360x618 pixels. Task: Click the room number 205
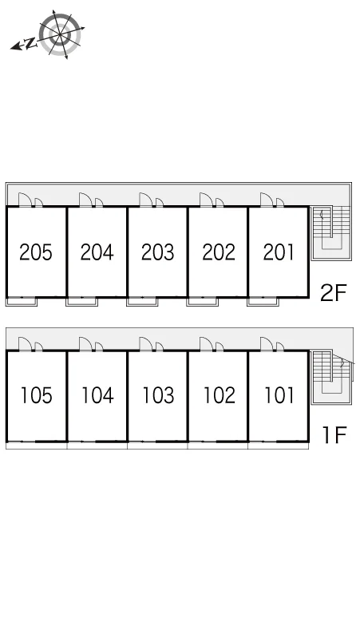tap(36, 252)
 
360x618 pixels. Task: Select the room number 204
tap(97, 252)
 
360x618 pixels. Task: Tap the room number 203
tap(157, 252)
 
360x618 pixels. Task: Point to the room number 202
tap(219, 252)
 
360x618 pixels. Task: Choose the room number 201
tap(279, 252)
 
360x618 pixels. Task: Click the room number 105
tap(36, 395)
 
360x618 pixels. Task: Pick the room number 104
tap(97, 395)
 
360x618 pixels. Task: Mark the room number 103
tap(158, 395)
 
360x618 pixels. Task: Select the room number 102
tap(219, 395)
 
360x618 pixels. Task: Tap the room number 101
tap(279, 395)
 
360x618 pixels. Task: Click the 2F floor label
tap(333, 292)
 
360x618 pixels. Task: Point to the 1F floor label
tap(334, 435)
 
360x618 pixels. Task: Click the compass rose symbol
tap(60, 34)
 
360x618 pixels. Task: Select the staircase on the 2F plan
tap(330, 233)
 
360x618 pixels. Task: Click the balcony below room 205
tap(22, 302)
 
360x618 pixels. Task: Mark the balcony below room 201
tap(263, 302)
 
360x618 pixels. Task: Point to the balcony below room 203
tap(142, 302)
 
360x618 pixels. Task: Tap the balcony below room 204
tap(82, 302)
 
